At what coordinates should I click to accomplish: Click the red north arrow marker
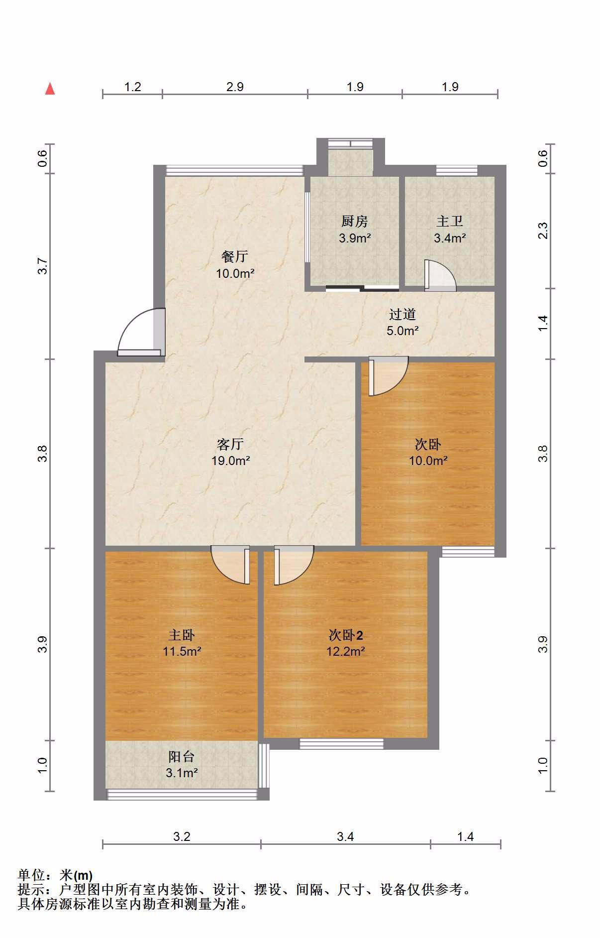pyautogui.click(x=50, y=89)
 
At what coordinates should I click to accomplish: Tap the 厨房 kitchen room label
pyautogui.click(x=354, y=221)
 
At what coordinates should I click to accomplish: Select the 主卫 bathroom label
pyautogui.click(x=450, y=221)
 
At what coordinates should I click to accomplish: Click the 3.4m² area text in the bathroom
pyautogui.click(x=450, y=238)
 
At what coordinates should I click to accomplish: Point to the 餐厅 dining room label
pyautogui.click(x=235, y=256)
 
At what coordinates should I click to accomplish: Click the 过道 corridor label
pyautogui.click(x=402, y=314)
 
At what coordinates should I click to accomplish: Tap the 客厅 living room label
pyautogui.click(x=230, y=444)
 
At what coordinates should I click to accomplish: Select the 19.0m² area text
pyautogui.click(x=230, y=461)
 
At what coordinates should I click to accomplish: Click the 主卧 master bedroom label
pyautogui.click(x=182, y=635)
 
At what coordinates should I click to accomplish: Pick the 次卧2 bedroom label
pyautogui.click(x=346, y=635)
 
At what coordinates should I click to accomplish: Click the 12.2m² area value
pyautogui.click(x=346, y=651)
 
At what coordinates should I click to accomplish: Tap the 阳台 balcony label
pyautogui.click(x=182, y=757)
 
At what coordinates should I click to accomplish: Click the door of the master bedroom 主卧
pyautogui.click(x=230, y=565)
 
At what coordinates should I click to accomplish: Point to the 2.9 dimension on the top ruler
pyautogui.click(x=235, y=87)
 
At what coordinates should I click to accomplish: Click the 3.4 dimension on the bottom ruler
pyautogui.click(x=345, y=836)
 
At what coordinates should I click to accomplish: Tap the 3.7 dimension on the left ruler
pyautogui.click(x=43, y=266)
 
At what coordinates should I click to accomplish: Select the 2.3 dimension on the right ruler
pyautogui.click(x=543, y=231)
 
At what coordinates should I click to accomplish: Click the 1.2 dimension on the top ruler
pyautogui.click(x=132, y=87)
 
